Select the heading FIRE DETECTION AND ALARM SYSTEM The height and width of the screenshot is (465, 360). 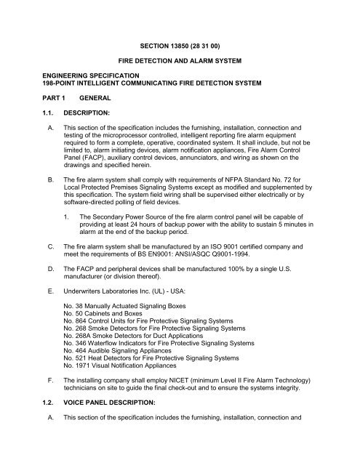(x=180, y=53)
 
